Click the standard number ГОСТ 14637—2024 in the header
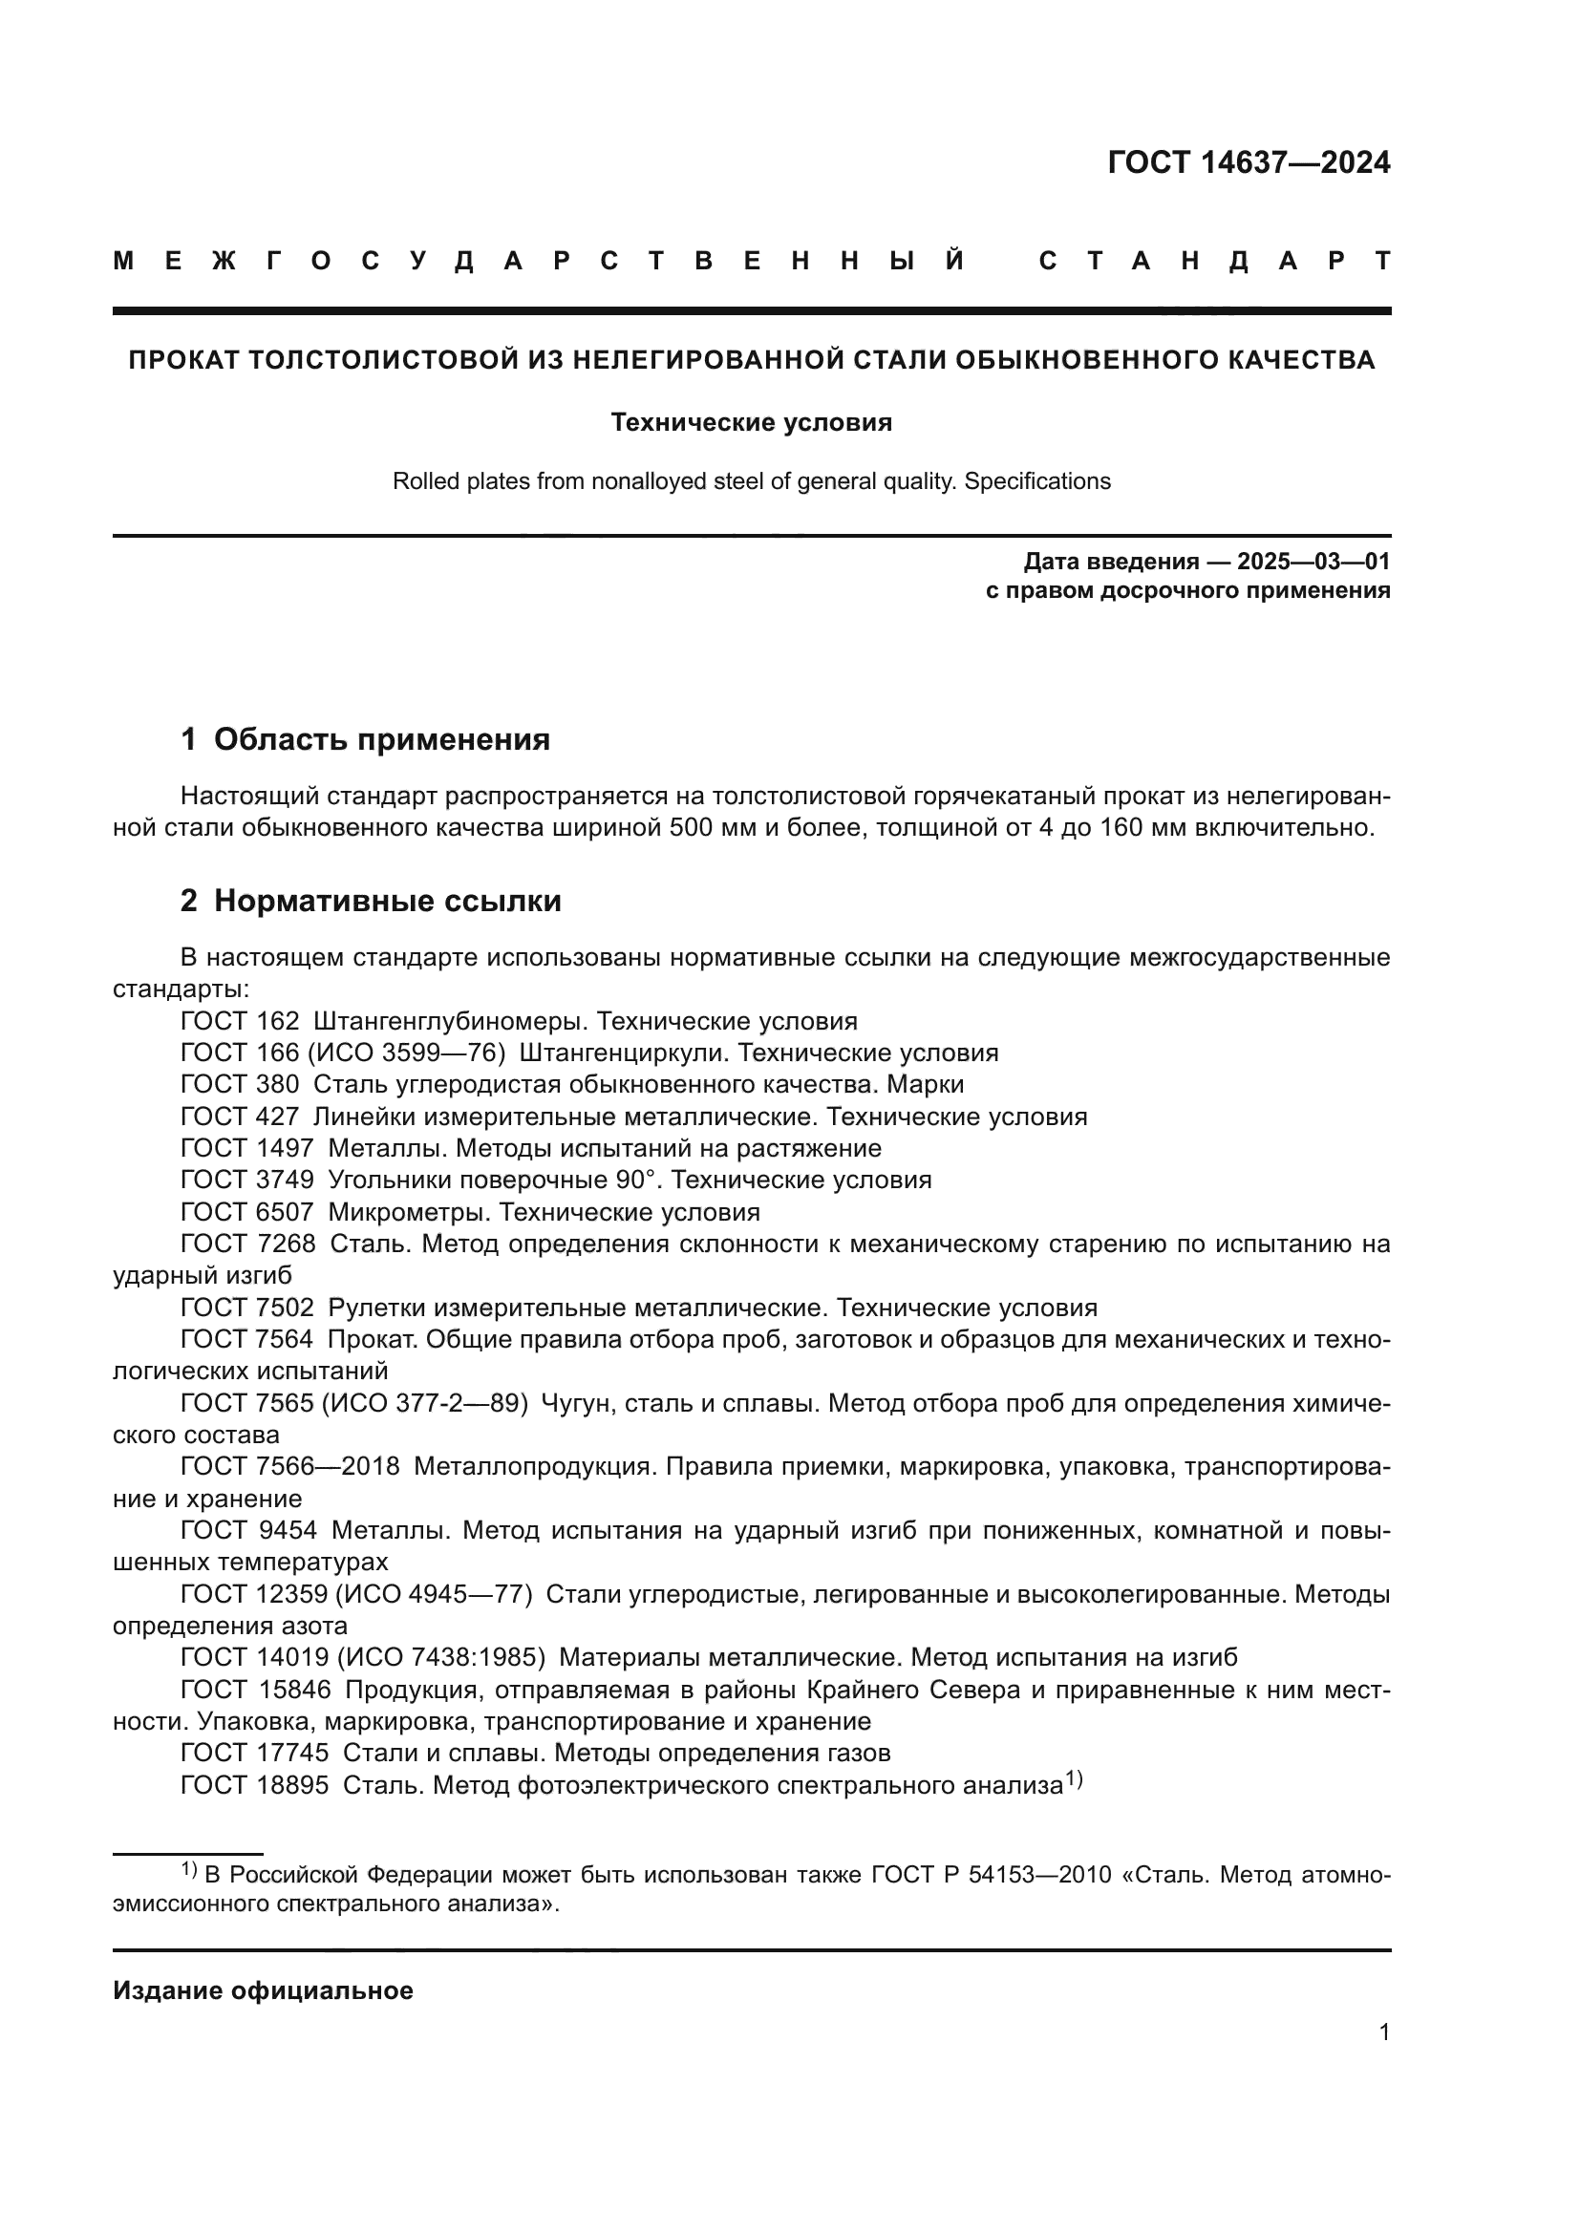pos(1249,162)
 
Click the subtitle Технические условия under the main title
pos(751,422)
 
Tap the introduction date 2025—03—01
pos(1313,562)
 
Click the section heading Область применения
pos(381,739)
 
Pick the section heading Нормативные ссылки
pos(387,901)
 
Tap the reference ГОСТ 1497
pos(247,1148)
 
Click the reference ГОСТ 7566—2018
pos(290,1466)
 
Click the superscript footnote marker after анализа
pos(1073,1779)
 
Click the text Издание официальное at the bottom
pos(263,1990)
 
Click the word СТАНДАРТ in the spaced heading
pos(1214,262)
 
